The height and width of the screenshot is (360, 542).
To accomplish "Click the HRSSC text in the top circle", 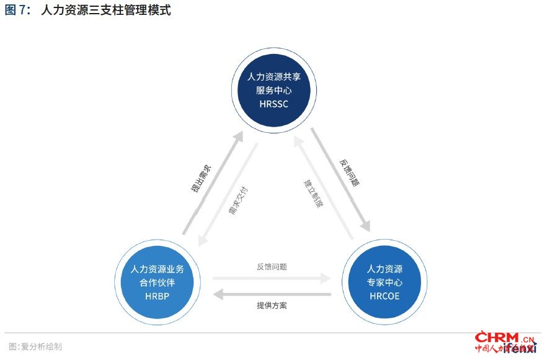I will (x=273, y=104).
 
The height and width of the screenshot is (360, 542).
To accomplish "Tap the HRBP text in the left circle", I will (x=157, y=296).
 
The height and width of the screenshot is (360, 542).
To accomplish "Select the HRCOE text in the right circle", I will (x=384, y=296).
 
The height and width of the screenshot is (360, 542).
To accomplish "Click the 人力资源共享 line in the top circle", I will (x=273, y=77).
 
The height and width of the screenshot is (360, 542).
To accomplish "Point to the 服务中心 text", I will (x=273, y=91).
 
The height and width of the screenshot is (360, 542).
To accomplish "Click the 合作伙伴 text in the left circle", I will (x=157, y=283).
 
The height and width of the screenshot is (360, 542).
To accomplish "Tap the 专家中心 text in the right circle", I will (x=384, y=283).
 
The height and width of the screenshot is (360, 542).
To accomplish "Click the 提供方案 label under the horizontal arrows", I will (x=272, y=305).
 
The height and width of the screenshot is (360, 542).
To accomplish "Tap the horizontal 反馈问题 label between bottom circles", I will (x=272, y=267).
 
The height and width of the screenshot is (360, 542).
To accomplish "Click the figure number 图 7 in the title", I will (x=17, y=11).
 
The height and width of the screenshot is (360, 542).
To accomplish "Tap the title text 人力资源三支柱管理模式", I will (x=105, y=11).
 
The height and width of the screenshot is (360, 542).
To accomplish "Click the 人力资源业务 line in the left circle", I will (x=157, y=270).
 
